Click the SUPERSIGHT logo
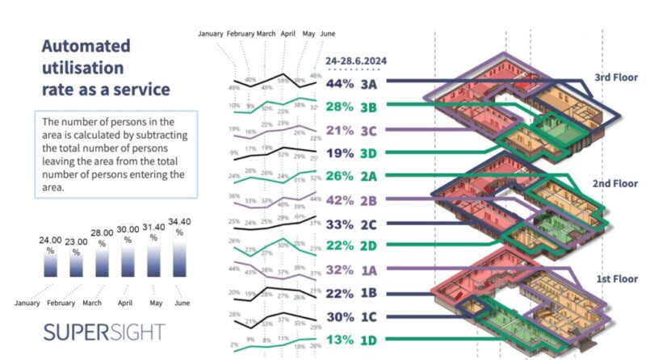click(x=104, y=332)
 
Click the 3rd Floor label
click(x=616, y=77)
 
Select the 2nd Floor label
click(x=616, y=184)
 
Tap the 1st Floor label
click(x=616, y=278)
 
